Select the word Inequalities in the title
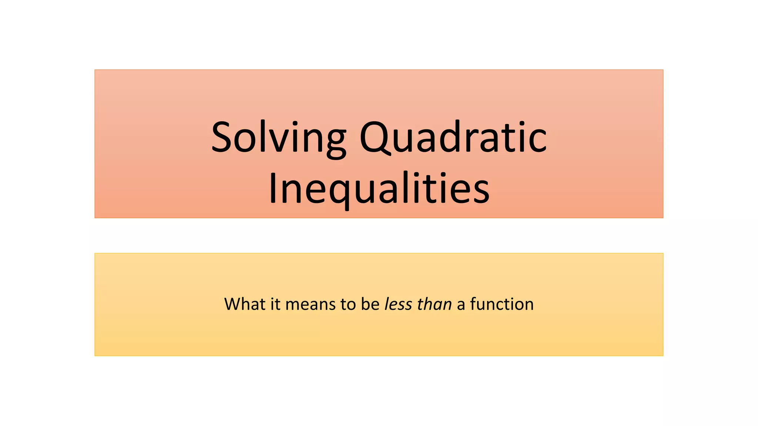tap(379, 189)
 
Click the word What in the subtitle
tap(245, 304)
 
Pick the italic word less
tap(398, 304)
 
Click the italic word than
tap(434, 304)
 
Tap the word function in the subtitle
tap(502, 304)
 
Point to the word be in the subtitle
tap(370, 304)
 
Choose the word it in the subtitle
tap(275, 304)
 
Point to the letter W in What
tap(233, 304)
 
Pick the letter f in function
tap(473, 304)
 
